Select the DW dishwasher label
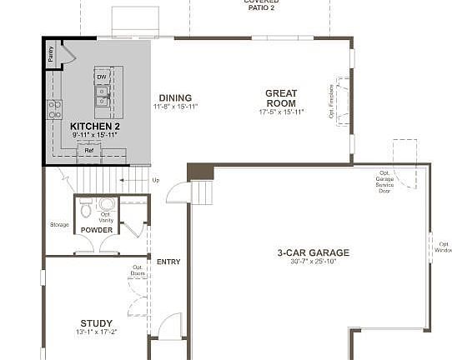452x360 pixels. pyautogui.click(x=102, y=77)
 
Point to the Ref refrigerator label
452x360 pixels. pyautogui.click(x=88, y=150)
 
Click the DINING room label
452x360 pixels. pyautogui.click(x=175, y=97)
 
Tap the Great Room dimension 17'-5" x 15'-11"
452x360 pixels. pyautogui.click(x=282, y=112)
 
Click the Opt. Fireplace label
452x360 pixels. pyautogui.click(x=332, y=100)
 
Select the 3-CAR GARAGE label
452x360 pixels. pyautogui.click(x=314, y=252)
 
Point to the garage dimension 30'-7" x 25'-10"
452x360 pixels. pyautogui.click(x=314, y=262)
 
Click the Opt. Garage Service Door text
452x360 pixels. pyautogui.click(x=384, y=182)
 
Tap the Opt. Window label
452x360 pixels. pyautogui.click(x=443, y=247)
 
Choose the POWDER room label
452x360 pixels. pyautogui.click(x=97, y=229)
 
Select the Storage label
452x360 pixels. pyautogui.click(x=59, y=224)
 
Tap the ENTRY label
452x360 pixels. pyautogui.click(x=168, y=262)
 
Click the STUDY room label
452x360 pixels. pyautogui.click(x=97, y=323)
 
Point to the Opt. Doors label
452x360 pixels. pyautogui.click(x=138, y=271)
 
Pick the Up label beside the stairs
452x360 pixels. pyautogui.click(x=155, y=179)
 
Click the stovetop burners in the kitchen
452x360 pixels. pyautogui.click(x=54, y=108)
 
